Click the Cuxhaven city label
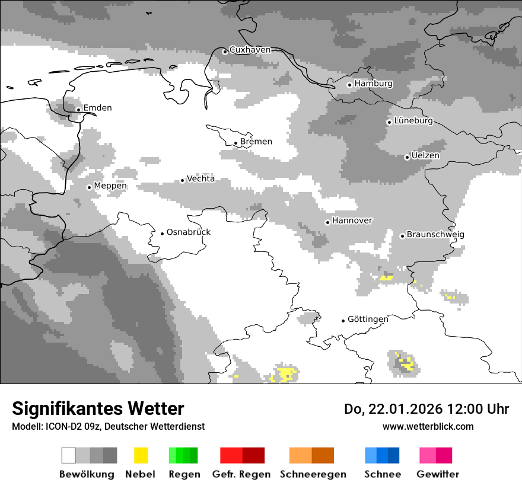(250, 50)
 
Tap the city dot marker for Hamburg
(349, 85)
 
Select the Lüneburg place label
(413, 121)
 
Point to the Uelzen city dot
(407, 157)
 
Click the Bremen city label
(256, 142)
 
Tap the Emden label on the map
(97, 108)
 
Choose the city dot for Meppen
(89, 187)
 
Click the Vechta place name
(200, 179)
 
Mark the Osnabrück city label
(189, 232)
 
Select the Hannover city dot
(327, 222)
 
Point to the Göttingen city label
(368, 320)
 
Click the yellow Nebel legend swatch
(141, 455)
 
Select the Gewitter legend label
(438, 474)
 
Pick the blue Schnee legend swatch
(382, 455)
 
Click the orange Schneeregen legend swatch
(311, 455)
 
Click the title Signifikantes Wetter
(98, 408)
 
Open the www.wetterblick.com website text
(428, 426)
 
